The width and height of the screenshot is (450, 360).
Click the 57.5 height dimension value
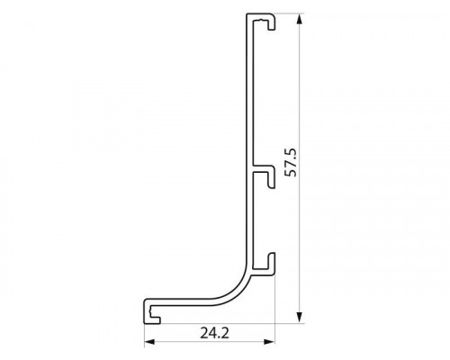[x=291, y=162]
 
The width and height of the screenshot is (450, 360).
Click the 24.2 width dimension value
[x=214, y=333]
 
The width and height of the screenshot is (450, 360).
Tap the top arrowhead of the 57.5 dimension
[x=299, y=20]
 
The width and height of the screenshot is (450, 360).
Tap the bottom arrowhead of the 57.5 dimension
[x=299, y=318]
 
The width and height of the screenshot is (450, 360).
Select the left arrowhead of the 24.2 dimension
[x=149, y=342]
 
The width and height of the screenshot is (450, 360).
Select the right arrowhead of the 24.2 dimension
[x=269, y=342]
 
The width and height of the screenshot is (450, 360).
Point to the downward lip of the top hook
[x=271, y=24]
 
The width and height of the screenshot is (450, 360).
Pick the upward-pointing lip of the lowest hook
[x=272, y=260]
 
